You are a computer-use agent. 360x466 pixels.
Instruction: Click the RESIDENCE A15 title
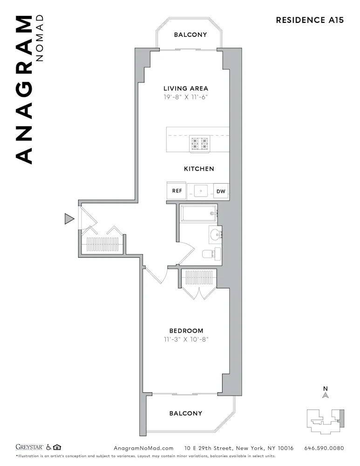pyautogui.click(x=310, y=20)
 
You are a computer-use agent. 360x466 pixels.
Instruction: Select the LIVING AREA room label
pyautogui.click(x=185, y=88)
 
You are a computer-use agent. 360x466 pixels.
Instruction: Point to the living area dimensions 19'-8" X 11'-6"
pyautogui.click(x=185, y=97)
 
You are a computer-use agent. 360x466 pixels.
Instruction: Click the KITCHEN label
pyautogui.click(x=199, y=169)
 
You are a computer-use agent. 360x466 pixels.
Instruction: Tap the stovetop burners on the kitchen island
pyautogui.click(x=199, y=144)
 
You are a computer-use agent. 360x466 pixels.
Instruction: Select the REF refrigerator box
pyautogui.click(x=177, y=191)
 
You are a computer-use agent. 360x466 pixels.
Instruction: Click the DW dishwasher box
pyautogui.click(x=221, y=192)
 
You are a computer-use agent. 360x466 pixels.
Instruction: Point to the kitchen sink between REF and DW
pyautogui.click(x=201, y=191)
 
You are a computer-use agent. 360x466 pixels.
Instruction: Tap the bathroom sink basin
pyautogui.click(x=215, y=234)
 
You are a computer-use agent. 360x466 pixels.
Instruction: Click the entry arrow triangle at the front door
pyautogui.click(x=69, y=219)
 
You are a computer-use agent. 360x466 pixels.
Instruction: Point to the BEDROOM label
pyautogui.click(x=186, y=331)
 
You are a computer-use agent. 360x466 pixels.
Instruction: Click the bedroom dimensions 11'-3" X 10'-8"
pyautogui.click(x=186, y=339)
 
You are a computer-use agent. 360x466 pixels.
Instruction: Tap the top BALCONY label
pyautogui.click(x=190, y=34)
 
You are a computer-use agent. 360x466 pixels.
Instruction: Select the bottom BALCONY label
pyautogui.click(x=186, y=413)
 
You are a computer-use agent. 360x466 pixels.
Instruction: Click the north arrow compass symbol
pyautogui.click(x=326, y=394)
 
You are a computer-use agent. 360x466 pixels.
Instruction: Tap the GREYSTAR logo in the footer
pyautogui.click(x=29, y=448)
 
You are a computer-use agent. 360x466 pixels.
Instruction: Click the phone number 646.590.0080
pyautogui.click(x=324, y=448)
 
